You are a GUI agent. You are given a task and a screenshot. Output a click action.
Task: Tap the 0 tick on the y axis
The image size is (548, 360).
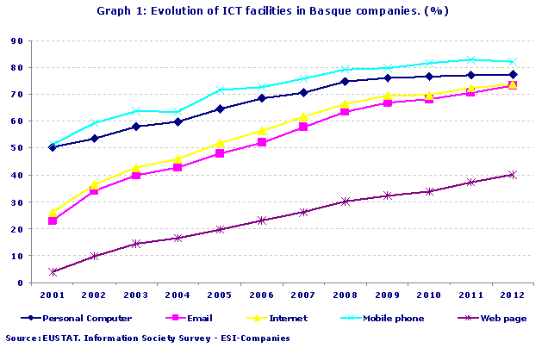(x=19, y=282)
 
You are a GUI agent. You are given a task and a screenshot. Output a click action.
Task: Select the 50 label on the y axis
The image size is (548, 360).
(x=16, y=148)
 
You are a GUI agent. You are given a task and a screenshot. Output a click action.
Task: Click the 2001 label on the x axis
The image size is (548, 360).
(x=53, y=295)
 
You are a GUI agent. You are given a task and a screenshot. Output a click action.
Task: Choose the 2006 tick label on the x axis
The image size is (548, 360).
(x=261, y=295)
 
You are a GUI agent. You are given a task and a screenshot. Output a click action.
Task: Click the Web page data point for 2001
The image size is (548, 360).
(x=53, y=272)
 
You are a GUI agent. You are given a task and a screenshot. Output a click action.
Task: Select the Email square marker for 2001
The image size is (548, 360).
(x=53, y=220)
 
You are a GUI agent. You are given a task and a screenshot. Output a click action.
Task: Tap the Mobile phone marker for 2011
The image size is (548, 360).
(x=470, y=60)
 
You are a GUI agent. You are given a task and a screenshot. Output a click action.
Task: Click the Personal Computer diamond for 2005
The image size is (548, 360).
(x=220, y=109)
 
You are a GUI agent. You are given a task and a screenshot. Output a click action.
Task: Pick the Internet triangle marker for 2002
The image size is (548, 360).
(x=95, y=184)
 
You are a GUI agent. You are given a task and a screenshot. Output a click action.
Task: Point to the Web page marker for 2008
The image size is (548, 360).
(x=345, y=202)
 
